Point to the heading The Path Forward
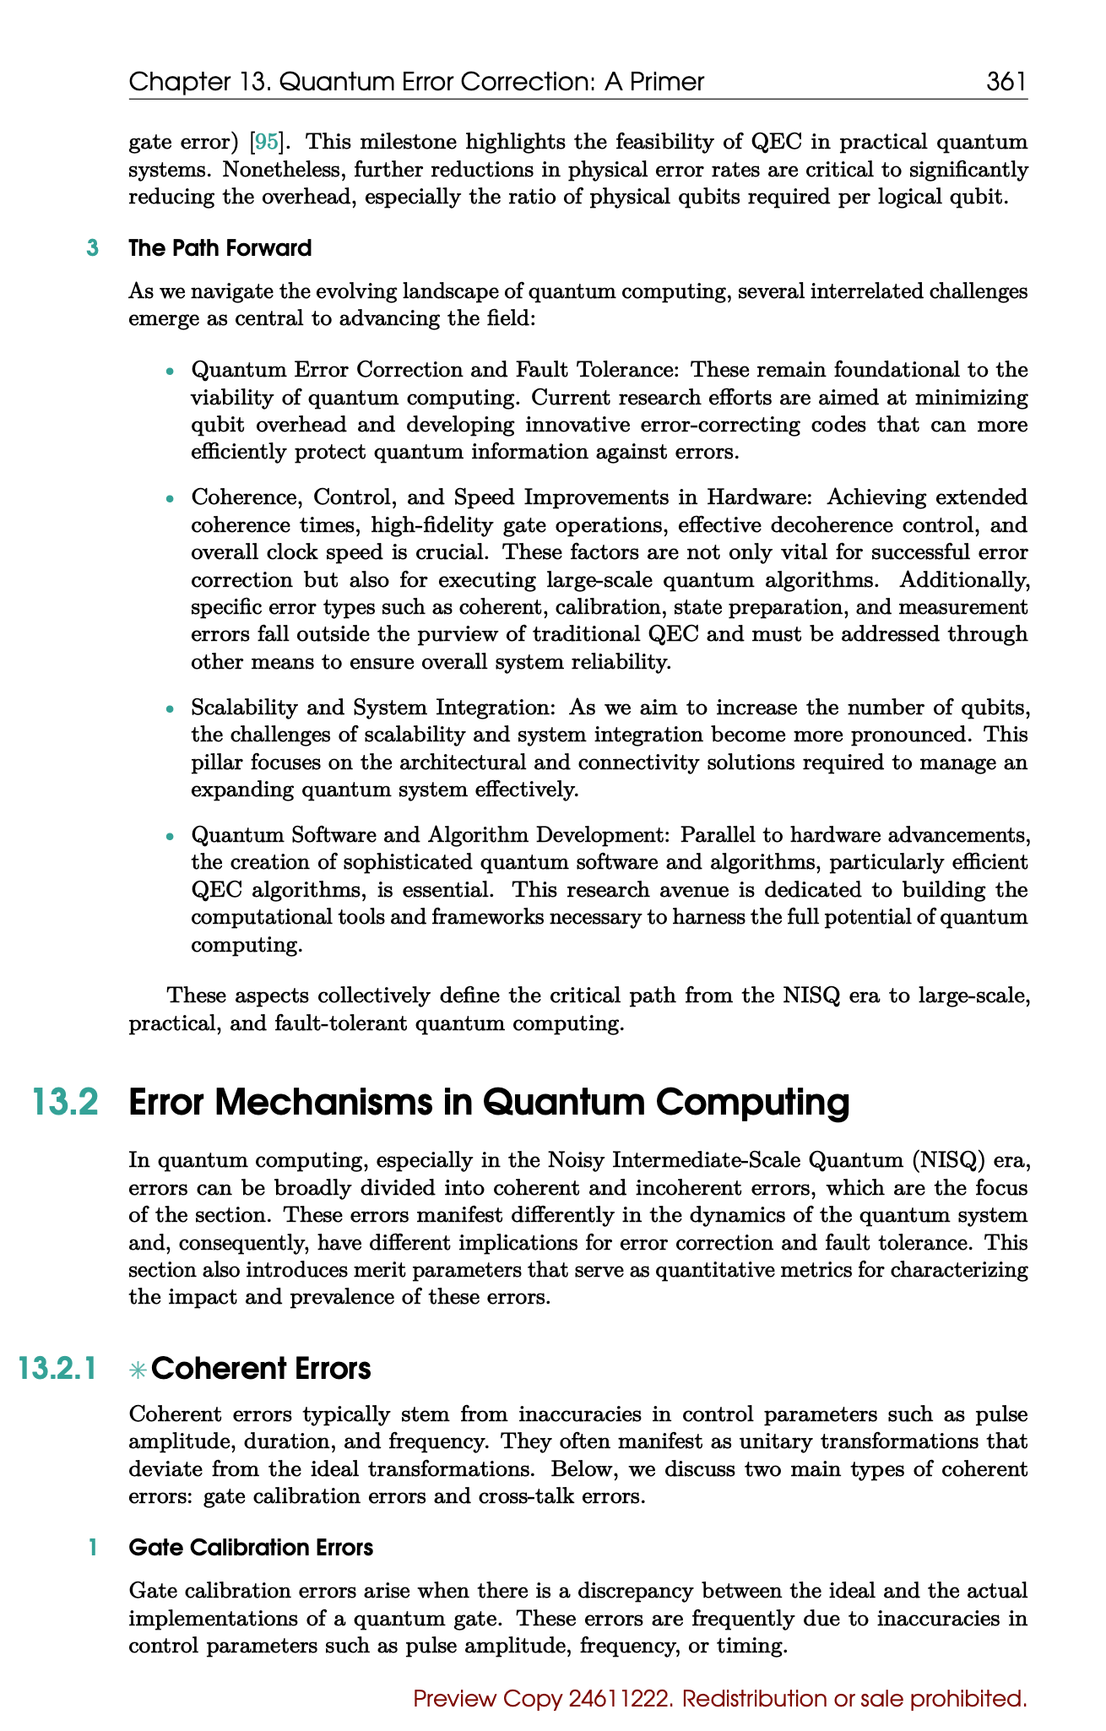pos(220,248)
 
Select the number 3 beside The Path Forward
pos(93,248)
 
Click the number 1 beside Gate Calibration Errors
pos(93,1548)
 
